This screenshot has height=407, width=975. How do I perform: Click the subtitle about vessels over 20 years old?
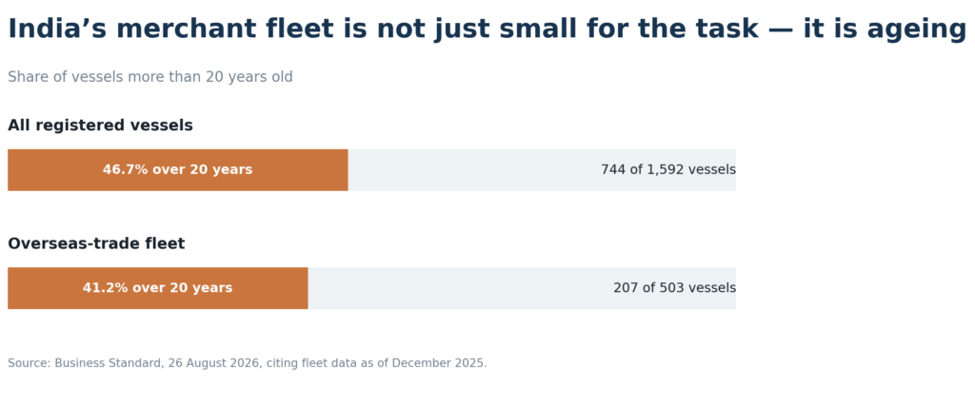point(149,77)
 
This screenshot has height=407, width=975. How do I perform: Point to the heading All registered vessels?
point(100,126)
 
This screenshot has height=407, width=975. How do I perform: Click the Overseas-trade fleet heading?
point(96,243)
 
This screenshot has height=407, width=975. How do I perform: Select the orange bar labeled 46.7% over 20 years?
point(178,169)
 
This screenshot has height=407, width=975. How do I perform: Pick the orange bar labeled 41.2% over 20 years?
point(158,288)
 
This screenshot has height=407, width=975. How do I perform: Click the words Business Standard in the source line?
point(107,363)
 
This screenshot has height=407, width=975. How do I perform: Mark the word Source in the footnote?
point(28,363)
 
